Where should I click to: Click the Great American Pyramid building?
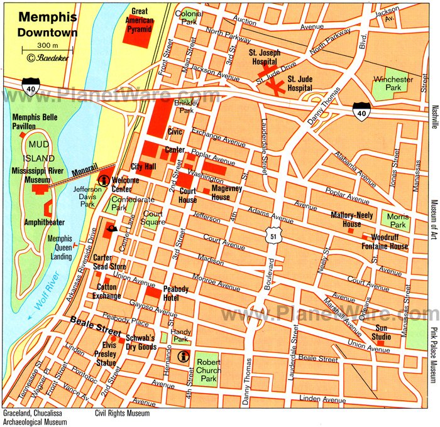tap(137, 35)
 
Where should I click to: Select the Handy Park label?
tap(180, 335)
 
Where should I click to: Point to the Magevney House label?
tap(220, 193)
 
